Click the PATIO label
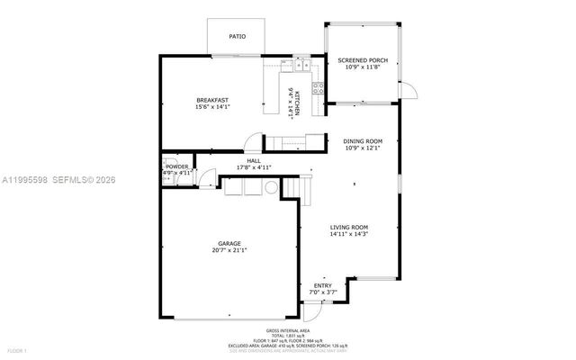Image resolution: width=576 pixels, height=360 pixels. tap(236, 37)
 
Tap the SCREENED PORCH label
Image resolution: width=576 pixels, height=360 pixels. tap(362, 60)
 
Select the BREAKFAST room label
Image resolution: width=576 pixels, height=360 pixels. tap(212, 100)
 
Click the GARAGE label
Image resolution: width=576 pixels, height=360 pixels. tap(229, 244)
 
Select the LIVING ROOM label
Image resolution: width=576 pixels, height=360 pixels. tap(348, 227)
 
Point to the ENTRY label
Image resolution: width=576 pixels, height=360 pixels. tap(321, 285)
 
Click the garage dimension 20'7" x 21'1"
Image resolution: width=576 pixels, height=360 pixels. tap(229, 251)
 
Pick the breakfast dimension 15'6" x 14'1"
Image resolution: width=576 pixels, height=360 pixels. tap(212, 107)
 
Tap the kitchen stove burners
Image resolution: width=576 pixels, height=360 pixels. tap(318, 87)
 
